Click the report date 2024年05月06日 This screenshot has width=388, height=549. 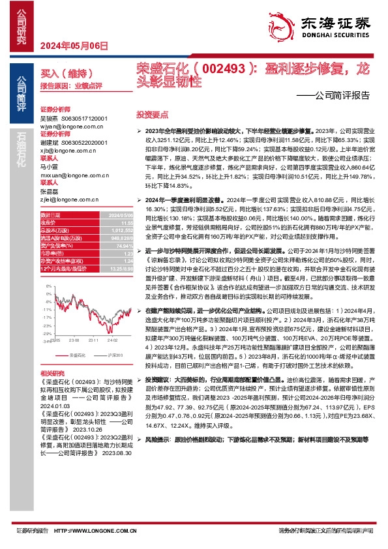tap(73, 45)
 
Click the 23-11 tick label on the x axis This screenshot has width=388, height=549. tap(94, 340)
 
